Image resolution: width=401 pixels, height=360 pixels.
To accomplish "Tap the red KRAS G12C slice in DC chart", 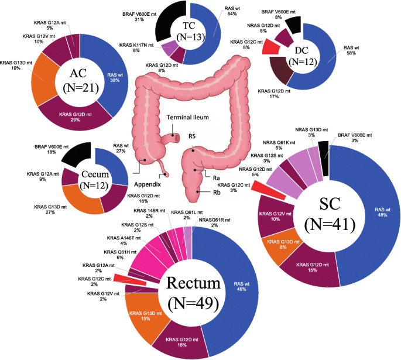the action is (x=271, y=46).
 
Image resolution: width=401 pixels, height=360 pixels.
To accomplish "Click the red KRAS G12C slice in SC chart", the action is (x=269, y=190).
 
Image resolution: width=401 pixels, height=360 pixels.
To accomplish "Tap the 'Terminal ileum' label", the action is (x=188, y=117).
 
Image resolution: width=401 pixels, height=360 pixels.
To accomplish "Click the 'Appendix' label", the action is (x=148, y=184).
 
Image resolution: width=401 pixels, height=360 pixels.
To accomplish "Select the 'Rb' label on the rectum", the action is (x=217, y=193).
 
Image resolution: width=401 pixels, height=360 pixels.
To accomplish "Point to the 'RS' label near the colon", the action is (x=192, y=136).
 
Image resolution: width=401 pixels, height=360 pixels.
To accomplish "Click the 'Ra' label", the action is (x=217, y=178).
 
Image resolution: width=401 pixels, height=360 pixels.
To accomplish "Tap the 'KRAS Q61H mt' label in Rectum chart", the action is (x=120, y=252).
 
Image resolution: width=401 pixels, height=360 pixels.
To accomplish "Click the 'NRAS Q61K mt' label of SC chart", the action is (x=279, y=142).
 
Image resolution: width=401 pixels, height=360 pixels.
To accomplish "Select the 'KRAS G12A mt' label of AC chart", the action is (x=50, y=23).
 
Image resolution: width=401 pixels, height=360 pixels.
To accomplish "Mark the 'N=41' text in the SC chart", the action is (x=330, y=225).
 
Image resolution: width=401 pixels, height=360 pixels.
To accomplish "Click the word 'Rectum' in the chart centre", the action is (x=193, y=283).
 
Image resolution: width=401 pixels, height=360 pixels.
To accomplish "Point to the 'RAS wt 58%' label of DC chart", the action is (x=351, y=50).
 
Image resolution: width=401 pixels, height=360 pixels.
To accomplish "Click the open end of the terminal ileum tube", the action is (x=177, y=138).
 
